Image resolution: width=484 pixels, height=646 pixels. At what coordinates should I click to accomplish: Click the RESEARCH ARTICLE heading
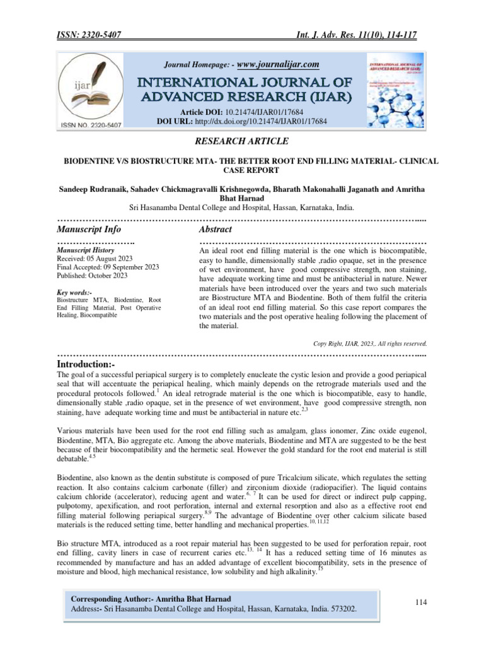point(242,141)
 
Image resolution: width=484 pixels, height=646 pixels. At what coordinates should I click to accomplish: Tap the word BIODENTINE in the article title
point(95,162)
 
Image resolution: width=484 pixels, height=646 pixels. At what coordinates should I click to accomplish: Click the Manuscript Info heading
point(89,229)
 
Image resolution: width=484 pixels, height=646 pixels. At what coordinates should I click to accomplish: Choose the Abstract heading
point(216,229)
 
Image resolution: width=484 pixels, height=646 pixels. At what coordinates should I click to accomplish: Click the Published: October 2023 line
point(92,275)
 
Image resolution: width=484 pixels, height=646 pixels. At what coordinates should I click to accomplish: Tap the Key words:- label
point(74,293)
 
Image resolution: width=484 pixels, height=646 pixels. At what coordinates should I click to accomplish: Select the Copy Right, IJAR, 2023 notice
point(370,343)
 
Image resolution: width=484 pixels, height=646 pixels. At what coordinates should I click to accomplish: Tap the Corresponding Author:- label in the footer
point(110,598)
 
